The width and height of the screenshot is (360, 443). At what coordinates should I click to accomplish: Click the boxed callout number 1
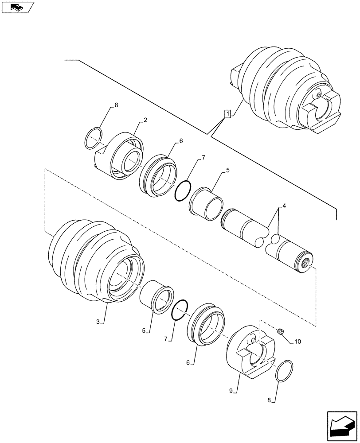[x=227, y=114]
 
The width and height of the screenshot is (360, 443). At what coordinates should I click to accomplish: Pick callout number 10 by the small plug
[x=297, y=341]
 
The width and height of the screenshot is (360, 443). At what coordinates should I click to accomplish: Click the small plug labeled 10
[x=280, y=331]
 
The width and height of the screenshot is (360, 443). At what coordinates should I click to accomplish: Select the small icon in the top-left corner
[x=18, y=7]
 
